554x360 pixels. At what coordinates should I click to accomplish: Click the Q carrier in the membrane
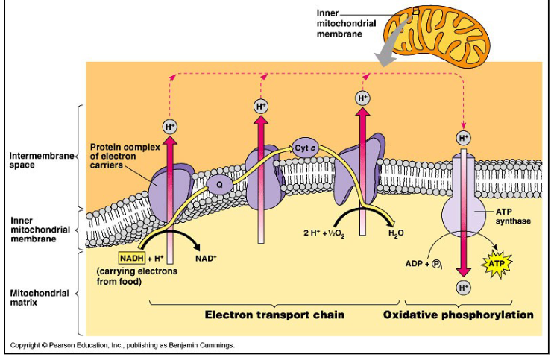coord(219,183)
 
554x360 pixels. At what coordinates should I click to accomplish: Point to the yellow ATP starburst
coord(496,263)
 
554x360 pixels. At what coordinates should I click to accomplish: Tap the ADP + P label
coord(423,263)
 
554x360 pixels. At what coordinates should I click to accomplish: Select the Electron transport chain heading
coord(274,315)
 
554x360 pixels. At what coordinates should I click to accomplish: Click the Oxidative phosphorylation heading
coord(458,315)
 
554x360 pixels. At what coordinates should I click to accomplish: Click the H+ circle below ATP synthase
coord(463,287)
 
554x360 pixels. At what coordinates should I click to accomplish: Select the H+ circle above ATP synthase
coord(463,137)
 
